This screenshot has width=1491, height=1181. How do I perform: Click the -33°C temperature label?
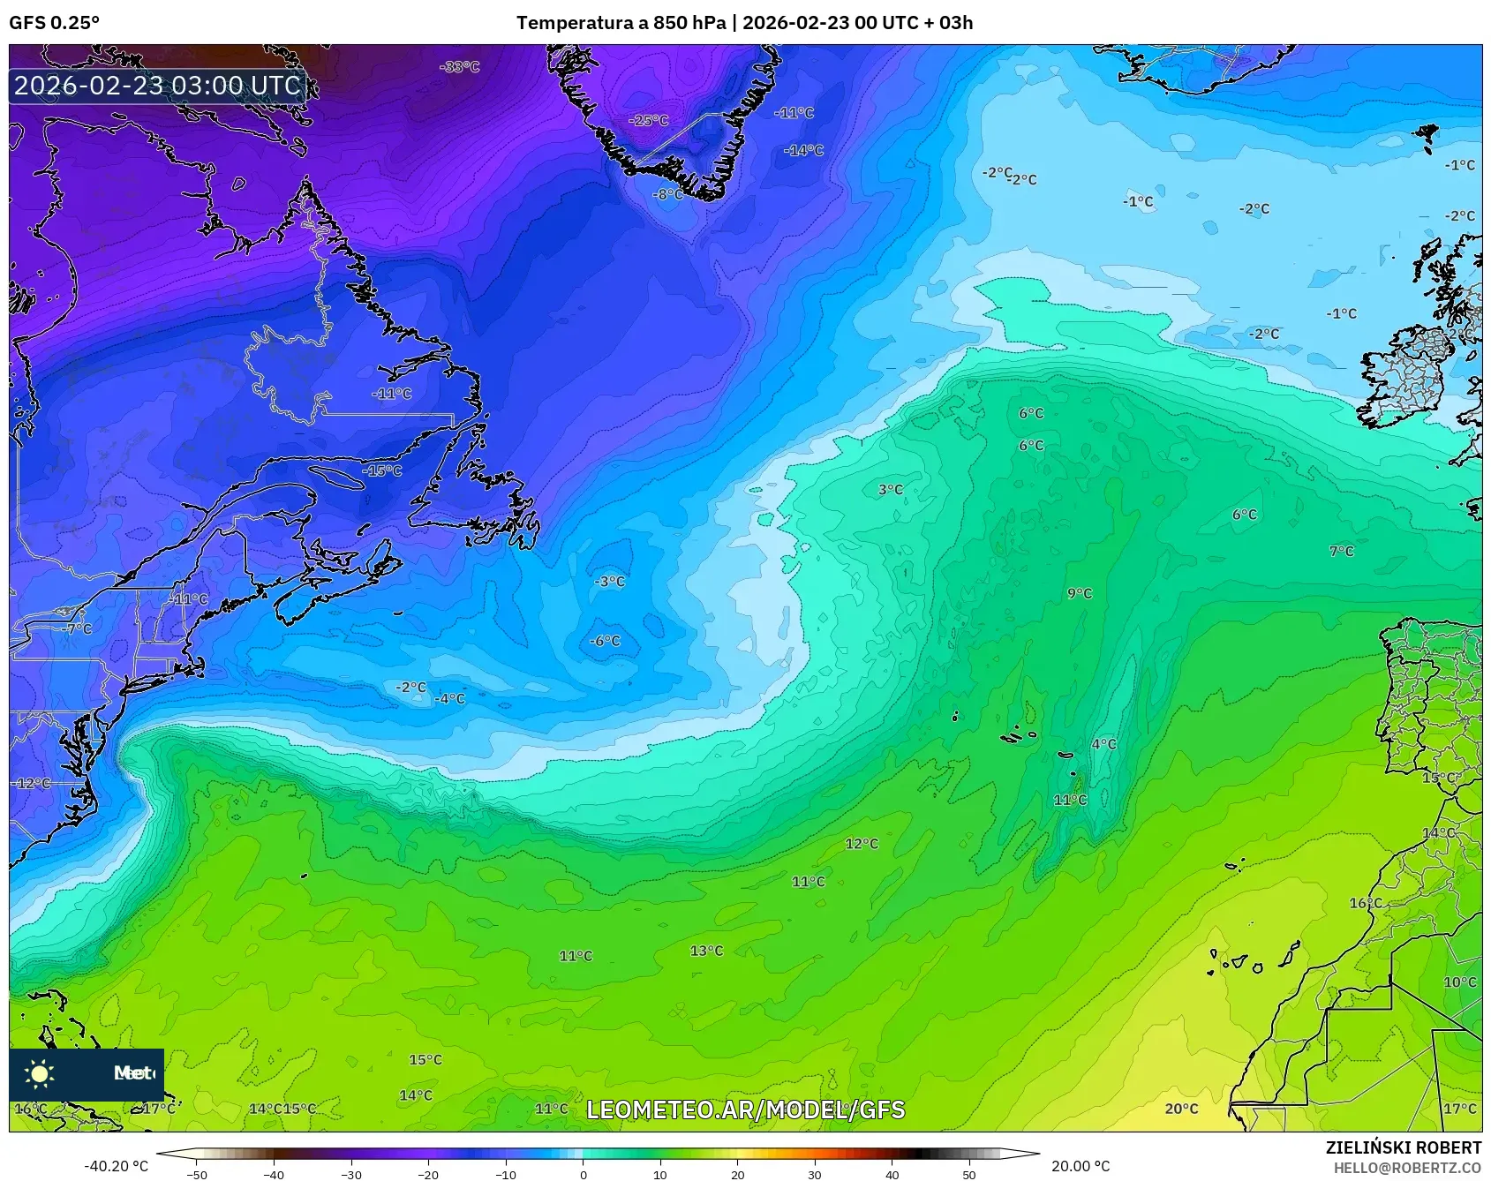[459, 67]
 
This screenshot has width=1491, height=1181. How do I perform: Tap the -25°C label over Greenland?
[648, 120]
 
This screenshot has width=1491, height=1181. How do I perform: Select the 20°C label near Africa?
[1181, 1109]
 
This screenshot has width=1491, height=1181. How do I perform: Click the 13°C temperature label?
[706, 951]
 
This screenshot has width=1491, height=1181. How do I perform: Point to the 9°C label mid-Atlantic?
[1079, 593]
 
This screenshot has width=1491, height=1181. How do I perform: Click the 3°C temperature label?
[890, 489]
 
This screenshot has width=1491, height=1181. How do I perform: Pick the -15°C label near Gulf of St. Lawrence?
[381, 470]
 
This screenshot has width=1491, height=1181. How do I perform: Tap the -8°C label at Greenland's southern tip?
[667, 194]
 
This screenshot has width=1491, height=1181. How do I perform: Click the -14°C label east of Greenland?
[802, 151]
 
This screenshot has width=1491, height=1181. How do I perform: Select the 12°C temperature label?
[862, 844]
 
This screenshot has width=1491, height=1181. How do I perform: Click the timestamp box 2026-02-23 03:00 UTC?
[157, 86]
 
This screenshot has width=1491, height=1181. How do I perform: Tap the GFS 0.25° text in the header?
[54, 23]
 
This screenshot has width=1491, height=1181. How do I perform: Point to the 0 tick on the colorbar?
[583, 1175]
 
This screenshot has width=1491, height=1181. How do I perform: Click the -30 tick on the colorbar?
[351, 1175]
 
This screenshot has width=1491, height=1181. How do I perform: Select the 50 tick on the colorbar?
[969, 1175]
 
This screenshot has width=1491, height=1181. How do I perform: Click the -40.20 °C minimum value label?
[116, 1166]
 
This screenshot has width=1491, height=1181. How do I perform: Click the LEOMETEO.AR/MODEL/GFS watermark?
[745, 1110]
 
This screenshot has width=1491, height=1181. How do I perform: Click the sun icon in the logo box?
[40, 1073]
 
